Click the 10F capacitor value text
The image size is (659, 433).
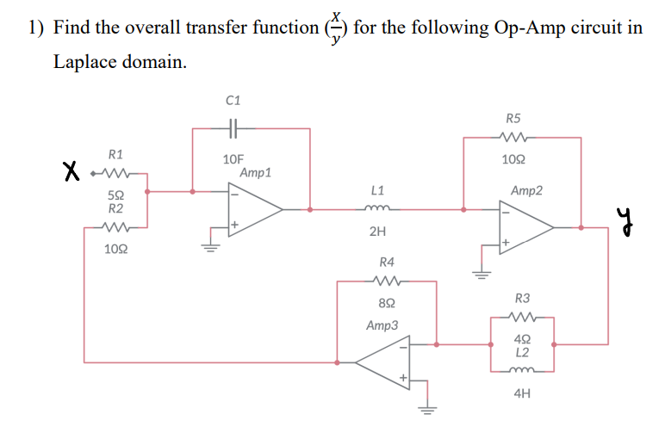click(233, 159)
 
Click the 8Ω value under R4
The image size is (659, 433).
click(387, 303)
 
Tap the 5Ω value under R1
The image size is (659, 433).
click(115, 195)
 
